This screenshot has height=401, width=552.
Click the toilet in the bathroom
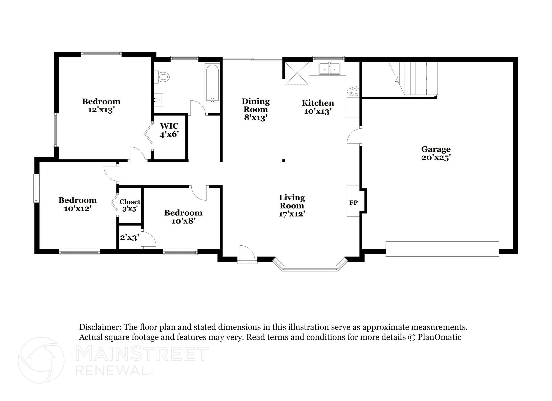(x=163, y=77)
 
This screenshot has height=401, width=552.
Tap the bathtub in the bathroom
(x=212, y=83)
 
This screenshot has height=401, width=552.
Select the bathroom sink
(x=159, y=100)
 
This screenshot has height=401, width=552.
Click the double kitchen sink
(x=329, y=68)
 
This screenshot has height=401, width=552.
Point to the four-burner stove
(x=353, y=91)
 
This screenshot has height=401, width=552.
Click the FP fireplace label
(x=353, y=203)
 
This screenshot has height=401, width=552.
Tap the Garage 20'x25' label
(x=436, y=153)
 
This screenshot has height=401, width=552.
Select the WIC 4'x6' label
(x=169, y=130)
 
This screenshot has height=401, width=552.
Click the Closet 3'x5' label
(x=130, y=205)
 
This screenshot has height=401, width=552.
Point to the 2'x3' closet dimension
(x=129, y=237)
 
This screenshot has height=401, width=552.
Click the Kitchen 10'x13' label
(x=318, y=107)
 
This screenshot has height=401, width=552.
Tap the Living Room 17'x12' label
(x=292, y=205)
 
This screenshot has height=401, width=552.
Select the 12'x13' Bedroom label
(x=101, y=106)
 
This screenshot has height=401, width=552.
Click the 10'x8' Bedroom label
(x=183, y=217)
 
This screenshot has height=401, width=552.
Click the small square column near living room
(x=284, y=161)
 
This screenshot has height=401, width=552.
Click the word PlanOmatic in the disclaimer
(x=439, y=337)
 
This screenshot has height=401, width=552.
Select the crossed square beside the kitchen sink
(x=297, y=73)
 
